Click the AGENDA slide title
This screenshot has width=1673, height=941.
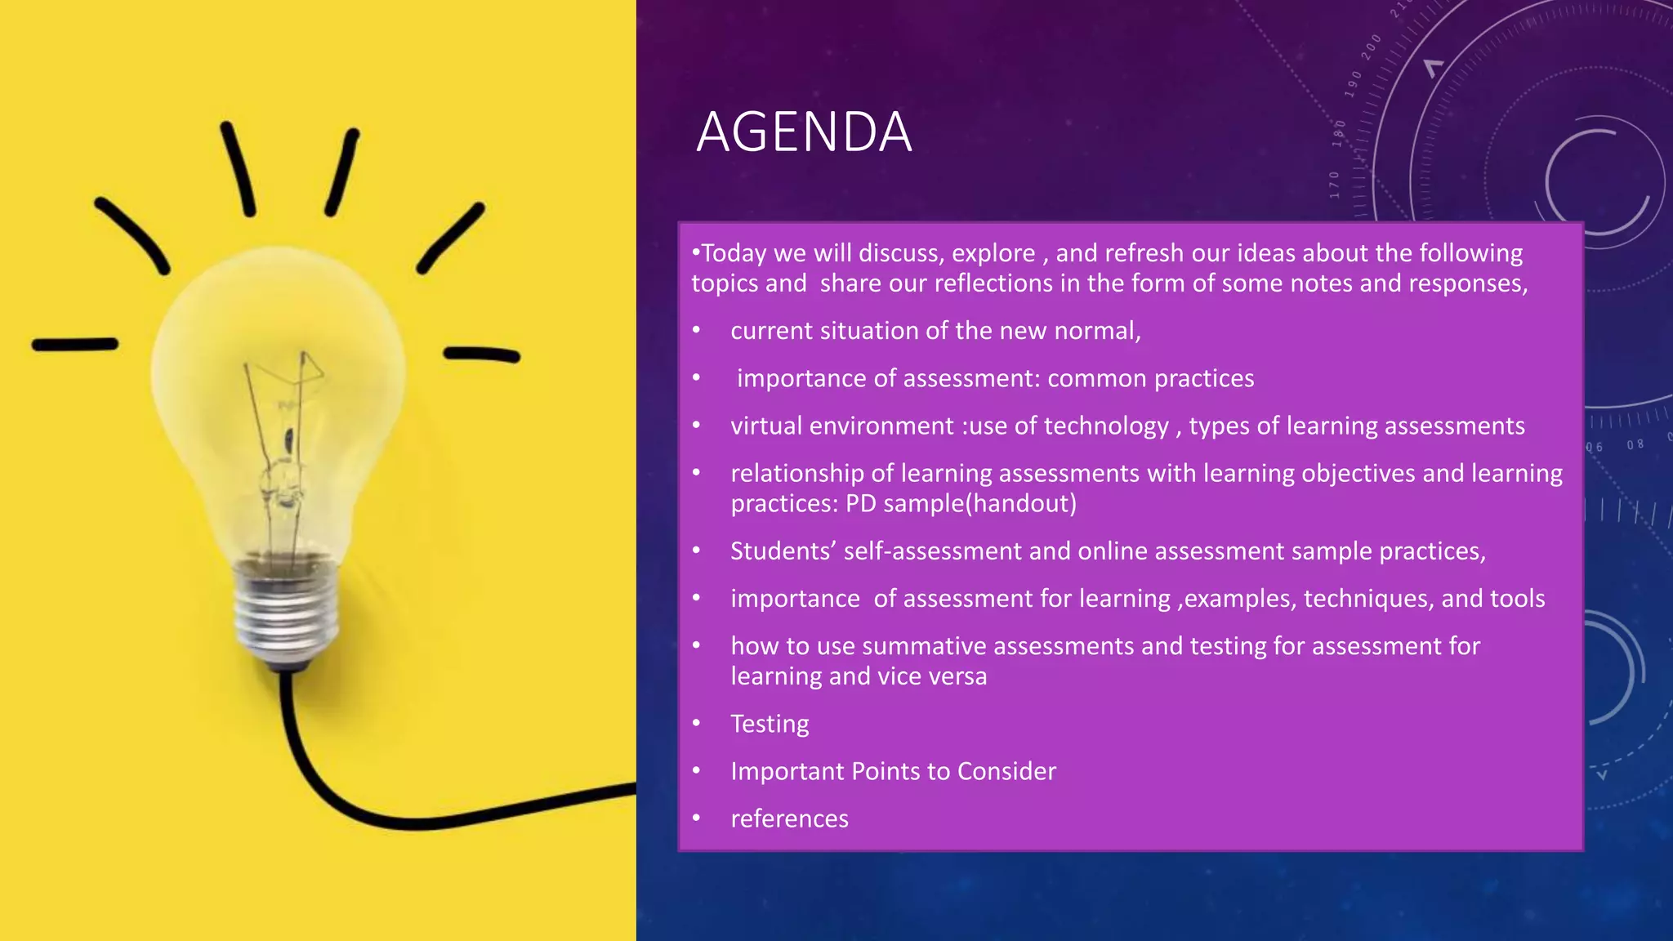coord(804,132)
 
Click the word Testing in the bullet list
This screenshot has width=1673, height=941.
coord(770,724)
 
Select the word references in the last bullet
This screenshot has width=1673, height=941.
coord(789,818)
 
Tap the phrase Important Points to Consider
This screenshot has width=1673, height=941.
coord(893,771)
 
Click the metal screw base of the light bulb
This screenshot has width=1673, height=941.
coord(286,613)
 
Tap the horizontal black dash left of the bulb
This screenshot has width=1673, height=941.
coord(75,345)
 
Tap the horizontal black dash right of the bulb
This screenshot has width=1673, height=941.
coord(482,355)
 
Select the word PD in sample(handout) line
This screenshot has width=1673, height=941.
coord(860,503)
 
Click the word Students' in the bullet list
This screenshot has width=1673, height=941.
coord(783,551)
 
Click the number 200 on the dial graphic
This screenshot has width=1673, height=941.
coord(1372,47)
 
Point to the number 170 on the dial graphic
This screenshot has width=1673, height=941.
coord(1335,185)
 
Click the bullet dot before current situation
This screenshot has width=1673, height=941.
coord(696,331)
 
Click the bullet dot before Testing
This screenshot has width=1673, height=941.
coord(696,724)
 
